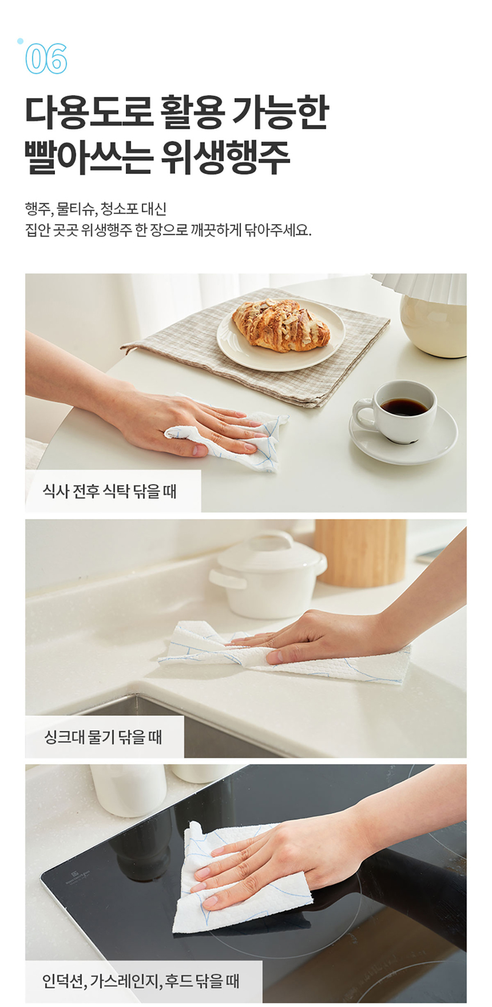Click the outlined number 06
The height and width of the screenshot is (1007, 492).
click(46, 58)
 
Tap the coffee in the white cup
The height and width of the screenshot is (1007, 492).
click(404, 406)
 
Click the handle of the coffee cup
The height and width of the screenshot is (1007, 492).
click(362, 414)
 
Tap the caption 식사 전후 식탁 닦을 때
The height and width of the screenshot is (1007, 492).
click(110, 491)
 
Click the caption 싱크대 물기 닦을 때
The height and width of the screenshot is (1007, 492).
click(104, 737)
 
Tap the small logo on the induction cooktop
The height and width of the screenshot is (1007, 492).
click(76, 874)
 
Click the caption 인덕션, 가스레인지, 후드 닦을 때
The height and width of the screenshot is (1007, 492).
click(141, 981)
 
